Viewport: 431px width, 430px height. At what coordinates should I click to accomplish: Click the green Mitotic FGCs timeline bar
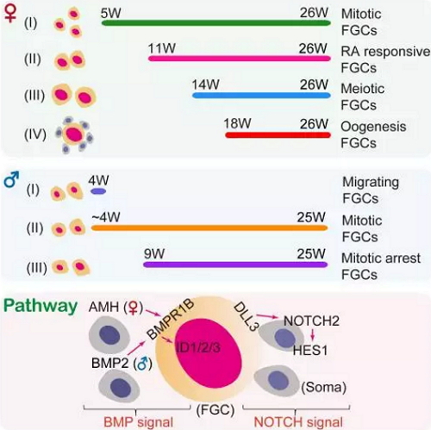pos(215,23)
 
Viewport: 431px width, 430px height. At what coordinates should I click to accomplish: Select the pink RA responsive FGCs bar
pos(240,59)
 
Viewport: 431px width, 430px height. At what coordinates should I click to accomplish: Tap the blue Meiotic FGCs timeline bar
pos(261,96)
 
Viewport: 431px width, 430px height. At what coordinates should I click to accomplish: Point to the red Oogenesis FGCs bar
pos(278,134)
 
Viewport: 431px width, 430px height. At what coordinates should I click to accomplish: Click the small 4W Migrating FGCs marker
pos(98,191)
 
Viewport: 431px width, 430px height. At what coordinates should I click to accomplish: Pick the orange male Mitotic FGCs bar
pos(209,228)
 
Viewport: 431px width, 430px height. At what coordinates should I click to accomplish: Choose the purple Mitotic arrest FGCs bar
pos(235,265)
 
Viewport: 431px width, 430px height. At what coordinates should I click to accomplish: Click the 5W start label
pos(110,13)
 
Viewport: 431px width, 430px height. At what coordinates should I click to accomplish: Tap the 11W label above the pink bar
pos(162,48)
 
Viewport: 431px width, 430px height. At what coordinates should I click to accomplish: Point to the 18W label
pos(237,123)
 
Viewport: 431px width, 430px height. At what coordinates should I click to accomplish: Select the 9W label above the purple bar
pos(154,253)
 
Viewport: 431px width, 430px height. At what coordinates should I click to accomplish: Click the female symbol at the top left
pos(10,13)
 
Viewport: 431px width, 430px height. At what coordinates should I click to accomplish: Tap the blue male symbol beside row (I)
pos(11,179)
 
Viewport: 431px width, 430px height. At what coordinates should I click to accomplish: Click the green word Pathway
pos(41,307)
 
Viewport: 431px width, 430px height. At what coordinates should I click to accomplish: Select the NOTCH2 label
pos(311,321)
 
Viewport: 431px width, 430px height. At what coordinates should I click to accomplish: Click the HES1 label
pos(310,351)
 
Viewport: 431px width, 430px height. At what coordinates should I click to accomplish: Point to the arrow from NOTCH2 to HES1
pos(313,334)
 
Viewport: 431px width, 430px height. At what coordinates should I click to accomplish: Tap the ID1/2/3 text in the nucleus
pos(198,348)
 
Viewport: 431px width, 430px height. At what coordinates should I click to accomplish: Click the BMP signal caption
pos(138,422)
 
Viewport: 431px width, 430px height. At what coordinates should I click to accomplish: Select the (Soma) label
pos(323,387)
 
